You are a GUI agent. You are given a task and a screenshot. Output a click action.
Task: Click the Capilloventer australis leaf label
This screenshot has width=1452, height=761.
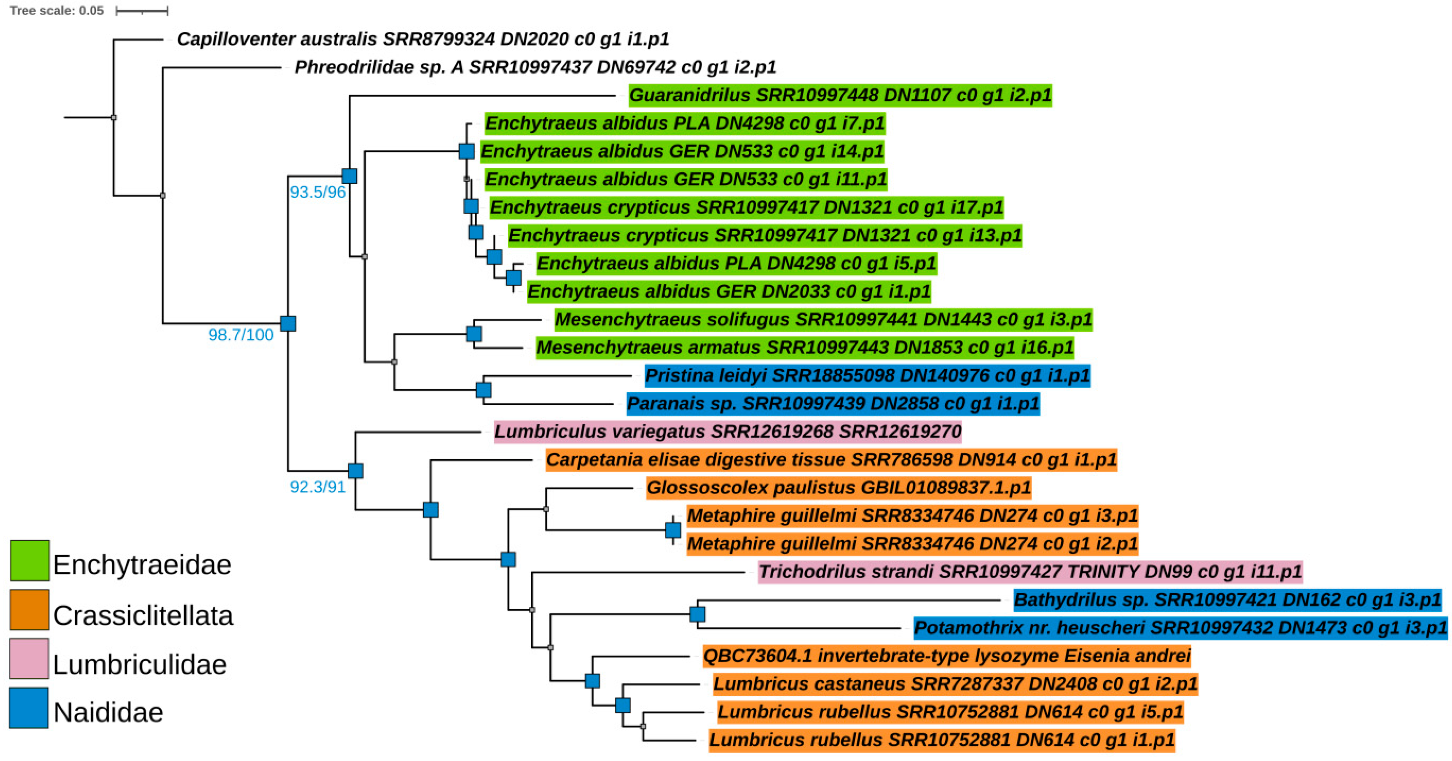423,39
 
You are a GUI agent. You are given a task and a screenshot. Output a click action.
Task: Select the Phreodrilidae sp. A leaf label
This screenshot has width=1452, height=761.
536,67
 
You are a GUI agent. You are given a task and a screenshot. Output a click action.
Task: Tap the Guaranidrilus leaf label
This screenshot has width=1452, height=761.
840,95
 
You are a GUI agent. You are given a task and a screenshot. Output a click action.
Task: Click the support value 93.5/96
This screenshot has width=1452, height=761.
318,192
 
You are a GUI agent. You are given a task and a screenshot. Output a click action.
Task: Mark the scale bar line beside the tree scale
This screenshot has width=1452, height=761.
142,11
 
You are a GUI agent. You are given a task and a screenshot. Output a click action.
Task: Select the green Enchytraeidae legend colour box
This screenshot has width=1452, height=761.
29,561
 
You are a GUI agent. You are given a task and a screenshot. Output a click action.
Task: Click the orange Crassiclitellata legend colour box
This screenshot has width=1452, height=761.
29,610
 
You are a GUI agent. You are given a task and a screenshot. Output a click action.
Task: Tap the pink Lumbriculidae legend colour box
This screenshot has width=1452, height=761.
29,658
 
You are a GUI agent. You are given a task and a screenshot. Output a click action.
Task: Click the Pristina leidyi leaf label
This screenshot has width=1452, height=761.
867,375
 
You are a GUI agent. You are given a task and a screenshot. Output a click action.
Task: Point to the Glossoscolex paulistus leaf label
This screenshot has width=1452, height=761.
838,487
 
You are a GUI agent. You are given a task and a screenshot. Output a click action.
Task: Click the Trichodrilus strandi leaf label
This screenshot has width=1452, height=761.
1030,572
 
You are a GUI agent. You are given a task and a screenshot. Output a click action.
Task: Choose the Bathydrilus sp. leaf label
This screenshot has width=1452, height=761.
1227,600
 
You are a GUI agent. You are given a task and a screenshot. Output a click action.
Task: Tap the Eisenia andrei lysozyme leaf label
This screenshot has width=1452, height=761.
946,656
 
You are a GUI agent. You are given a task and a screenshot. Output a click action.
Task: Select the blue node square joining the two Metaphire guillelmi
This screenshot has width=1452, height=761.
673,530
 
